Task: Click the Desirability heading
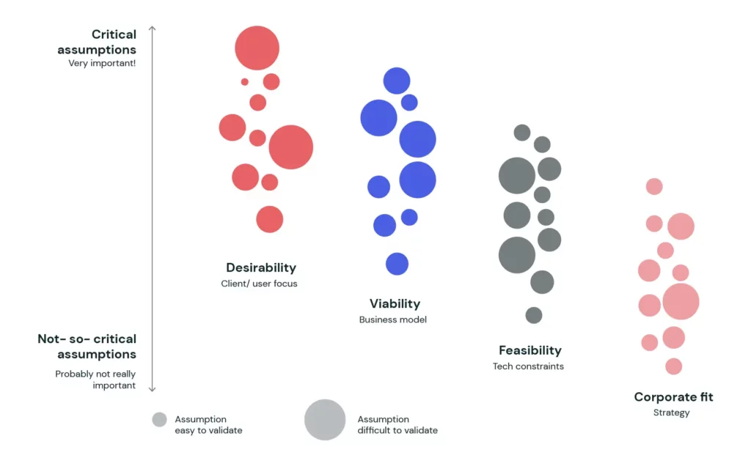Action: click(261, 267)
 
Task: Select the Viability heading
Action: click(395, 304)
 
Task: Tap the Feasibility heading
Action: click(530, 350)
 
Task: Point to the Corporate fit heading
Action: click(673, 396)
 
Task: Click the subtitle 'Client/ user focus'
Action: click(259, 284)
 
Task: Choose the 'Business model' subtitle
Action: click(393, 320)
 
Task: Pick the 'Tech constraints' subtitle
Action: click(528, 366)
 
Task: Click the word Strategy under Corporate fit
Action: click(672, 413)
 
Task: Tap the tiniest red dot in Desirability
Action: click(245, 82)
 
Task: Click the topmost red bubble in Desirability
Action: click(257, 48)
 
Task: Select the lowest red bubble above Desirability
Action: click(270, 219)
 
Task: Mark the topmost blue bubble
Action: click(397, 81)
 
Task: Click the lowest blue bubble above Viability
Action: click(397, 264)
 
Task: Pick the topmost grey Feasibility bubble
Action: click(522, 133)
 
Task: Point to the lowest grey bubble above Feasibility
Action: click(534, 315)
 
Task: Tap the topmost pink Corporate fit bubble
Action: click(654, 186)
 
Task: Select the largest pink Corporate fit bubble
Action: click(681, 301)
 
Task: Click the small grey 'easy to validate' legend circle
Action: click(159, 420)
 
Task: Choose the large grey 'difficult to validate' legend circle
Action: click(325, 420)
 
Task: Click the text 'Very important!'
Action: click(102, 63)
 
